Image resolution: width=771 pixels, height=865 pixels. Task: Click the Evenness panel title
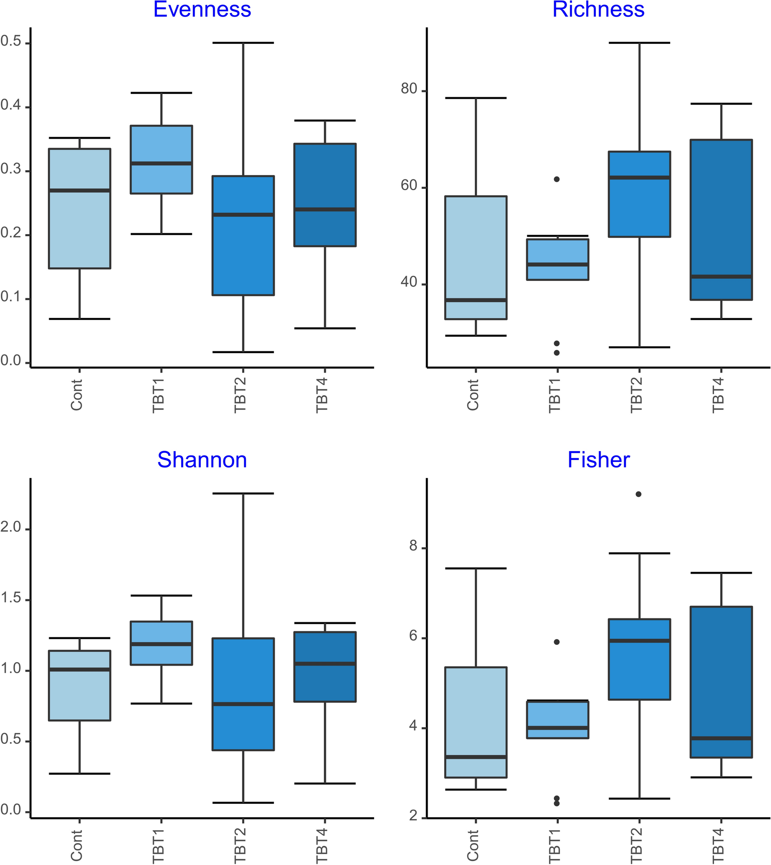coord(202,10)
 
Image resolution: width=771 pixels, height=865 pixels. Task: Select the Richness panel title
coord(598,10)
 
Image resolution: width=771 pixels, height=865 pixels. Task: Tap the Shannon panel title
coord(202,460)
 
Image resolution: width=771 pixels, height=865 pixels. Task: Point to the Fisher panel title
coord(598,460)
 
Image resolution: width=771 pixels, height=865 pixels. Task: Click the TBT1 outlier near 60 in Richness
coord(557,179)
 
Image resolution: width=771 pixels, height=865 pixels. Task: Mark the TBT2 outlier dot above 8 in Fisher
coord(638,494)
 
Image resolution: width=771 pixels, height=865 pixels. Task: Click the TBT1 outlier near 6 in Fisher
coord(557,642)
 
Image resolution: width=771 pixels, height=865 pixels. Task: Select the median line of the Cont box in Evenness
coord(80,190)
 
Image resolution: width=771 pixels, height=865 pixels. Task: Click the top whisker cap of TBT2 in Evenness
coord(243,43)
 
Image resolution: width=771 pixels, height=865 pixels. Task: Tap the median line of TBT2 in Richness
coord(639,177)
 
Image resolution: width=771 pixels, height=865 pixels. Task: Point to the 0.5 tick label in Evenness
coord(11,42)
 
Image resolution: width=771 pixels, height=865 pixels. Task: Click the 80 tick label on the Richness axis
coord(409,89)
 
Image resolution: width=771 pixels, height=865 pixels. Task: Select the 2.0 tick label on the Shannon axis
coord(11,527)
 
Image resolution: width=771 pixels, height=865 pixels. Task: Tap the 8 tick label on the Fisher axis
coord(413,546)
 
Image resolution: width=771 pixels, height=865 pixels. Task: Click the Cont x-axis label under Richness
coord(473,394)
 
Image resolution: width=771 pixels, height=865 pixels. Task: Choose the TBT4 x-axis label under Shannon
coord(322,845)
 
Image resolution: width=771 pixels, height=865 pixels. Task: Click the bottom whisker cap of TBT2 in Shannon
coord(243,802)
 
